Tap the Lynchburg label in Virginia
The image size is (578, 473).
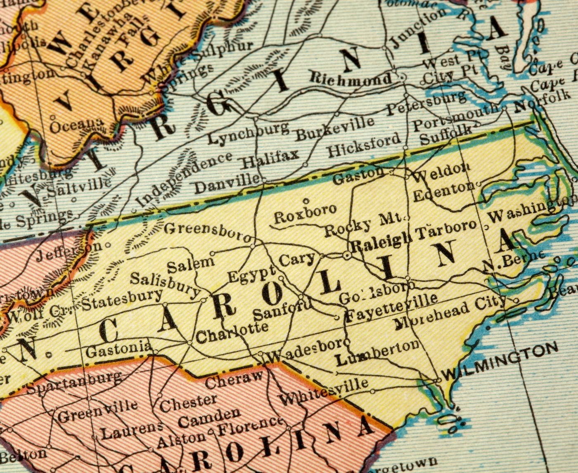[247, 133]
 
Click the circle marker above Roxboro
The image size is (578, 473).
[306, 201]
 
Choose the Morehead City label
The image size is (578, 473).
[449, 315]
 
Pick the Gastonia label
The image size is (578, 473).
[118, 349]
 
